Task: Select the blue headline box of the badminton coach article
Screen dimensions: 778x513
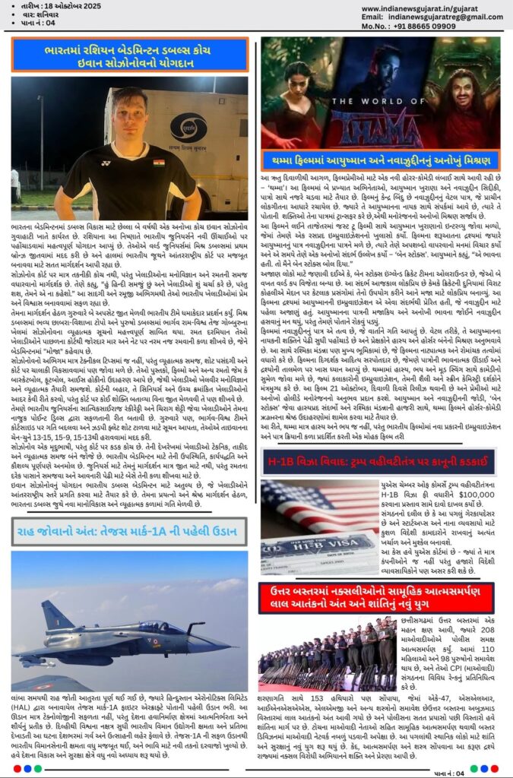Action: click(x=129, y=55)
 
